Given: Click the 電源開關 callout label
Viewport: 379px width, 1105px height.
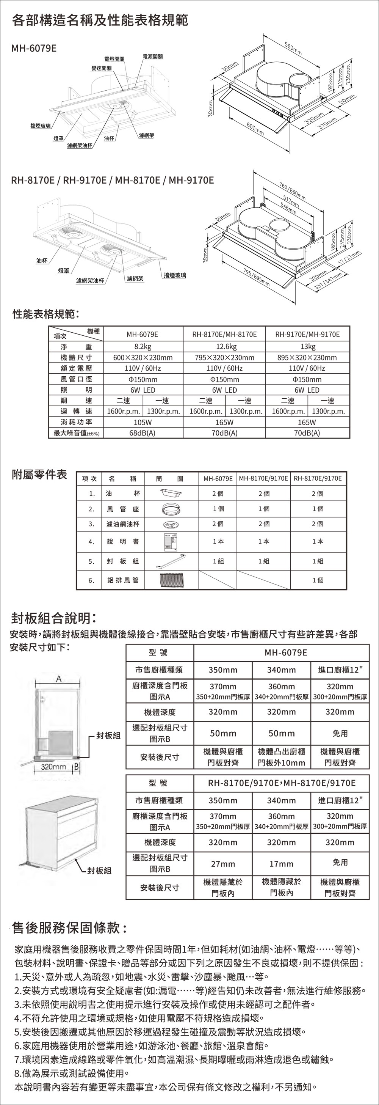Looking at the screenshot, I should coord(153,57).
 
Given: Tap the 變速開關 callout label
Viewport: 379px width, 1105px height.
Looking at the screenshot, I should coord(101,68).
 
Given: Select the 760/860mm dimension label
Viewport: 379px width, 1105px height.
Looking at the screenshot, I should coord(292,191).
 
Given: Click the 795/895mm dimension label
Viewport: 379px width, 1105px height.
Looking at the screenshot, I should coord(256,278).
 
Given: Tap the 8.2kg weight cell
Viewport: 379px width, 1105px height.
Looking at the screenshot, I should coord(143,346).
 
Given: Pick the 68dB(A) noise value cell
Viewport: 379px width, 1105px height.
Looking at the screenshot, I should coord(143,433).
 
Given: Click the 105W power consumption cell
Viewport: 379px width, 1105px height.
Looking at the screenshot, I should coord(143,422).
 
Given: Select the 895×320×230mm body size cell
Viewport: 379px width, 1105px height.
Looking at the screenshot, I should coord(307,357).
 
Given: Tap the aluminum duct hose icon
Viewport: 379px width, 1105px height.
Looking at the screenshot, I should coord(170,580).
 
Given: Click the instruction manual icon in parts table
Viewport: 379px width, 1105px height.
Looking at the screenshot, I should coord(171,542).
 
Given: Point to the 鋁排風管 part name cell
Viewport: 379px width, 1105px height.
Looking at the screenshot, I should coord(123,580).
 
